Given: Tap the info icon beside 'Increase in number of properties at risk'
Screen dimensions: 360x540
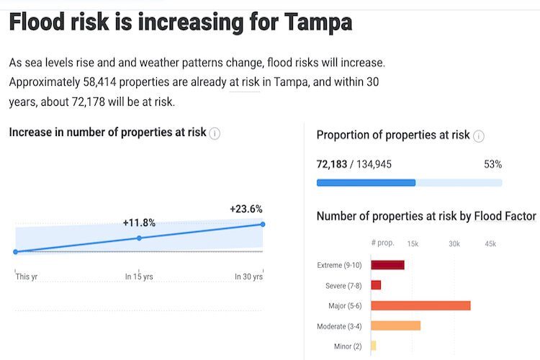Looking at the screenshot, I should click(x=215, y=133).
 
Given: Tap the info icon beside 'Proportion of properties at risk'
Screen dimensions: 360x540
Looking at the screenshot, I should click(x=479, y=135).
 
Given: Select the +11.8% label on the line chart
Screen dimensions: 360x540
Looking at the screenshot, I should click(x=139, y=223).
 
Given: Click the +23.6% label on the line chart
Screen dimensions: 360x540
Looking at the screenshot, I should click(x=246, y=210).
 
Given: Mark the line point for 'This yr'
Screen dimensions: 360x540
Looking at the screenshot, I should click(x=16, y=251).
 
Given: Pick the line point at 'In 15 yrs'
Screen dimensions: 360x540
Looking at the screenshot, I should click(x=139, y=238).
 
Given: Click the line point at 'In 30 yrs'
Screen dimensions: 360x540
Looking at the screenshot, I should click(x=263, y=225).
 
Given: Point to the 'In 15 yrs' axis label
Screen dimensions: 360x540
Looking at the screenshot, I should click(x=138, y=276).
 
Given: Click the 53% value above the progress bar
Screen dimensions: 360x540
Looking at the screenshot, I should click(x=492, y=164).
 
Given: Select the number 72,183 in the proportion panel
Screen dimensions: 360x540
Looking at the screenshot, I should click(x=332, y=164).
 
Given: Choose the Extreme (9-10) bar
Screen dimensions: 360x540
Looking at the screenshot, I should click(x=387, y=265).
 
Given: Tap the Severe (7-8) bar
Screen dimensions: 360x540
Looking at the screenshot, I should click(x=376, y=285).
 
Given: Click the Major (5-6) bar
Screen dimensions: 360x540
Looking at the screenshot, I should click(x=420, y=305).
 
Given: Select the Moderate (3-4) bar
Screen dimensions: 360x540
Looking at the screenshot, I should click(x=395, y=326).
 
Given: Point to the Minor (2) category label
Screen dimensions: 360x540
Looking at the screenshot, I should click(x=348, y=346).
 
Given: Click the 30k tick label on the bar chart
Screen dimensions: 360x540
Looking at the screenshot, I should click(x=454, y=244).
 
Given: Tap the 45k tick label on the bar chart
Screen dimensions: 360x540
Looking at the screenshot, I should click(x=490, y=244).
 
